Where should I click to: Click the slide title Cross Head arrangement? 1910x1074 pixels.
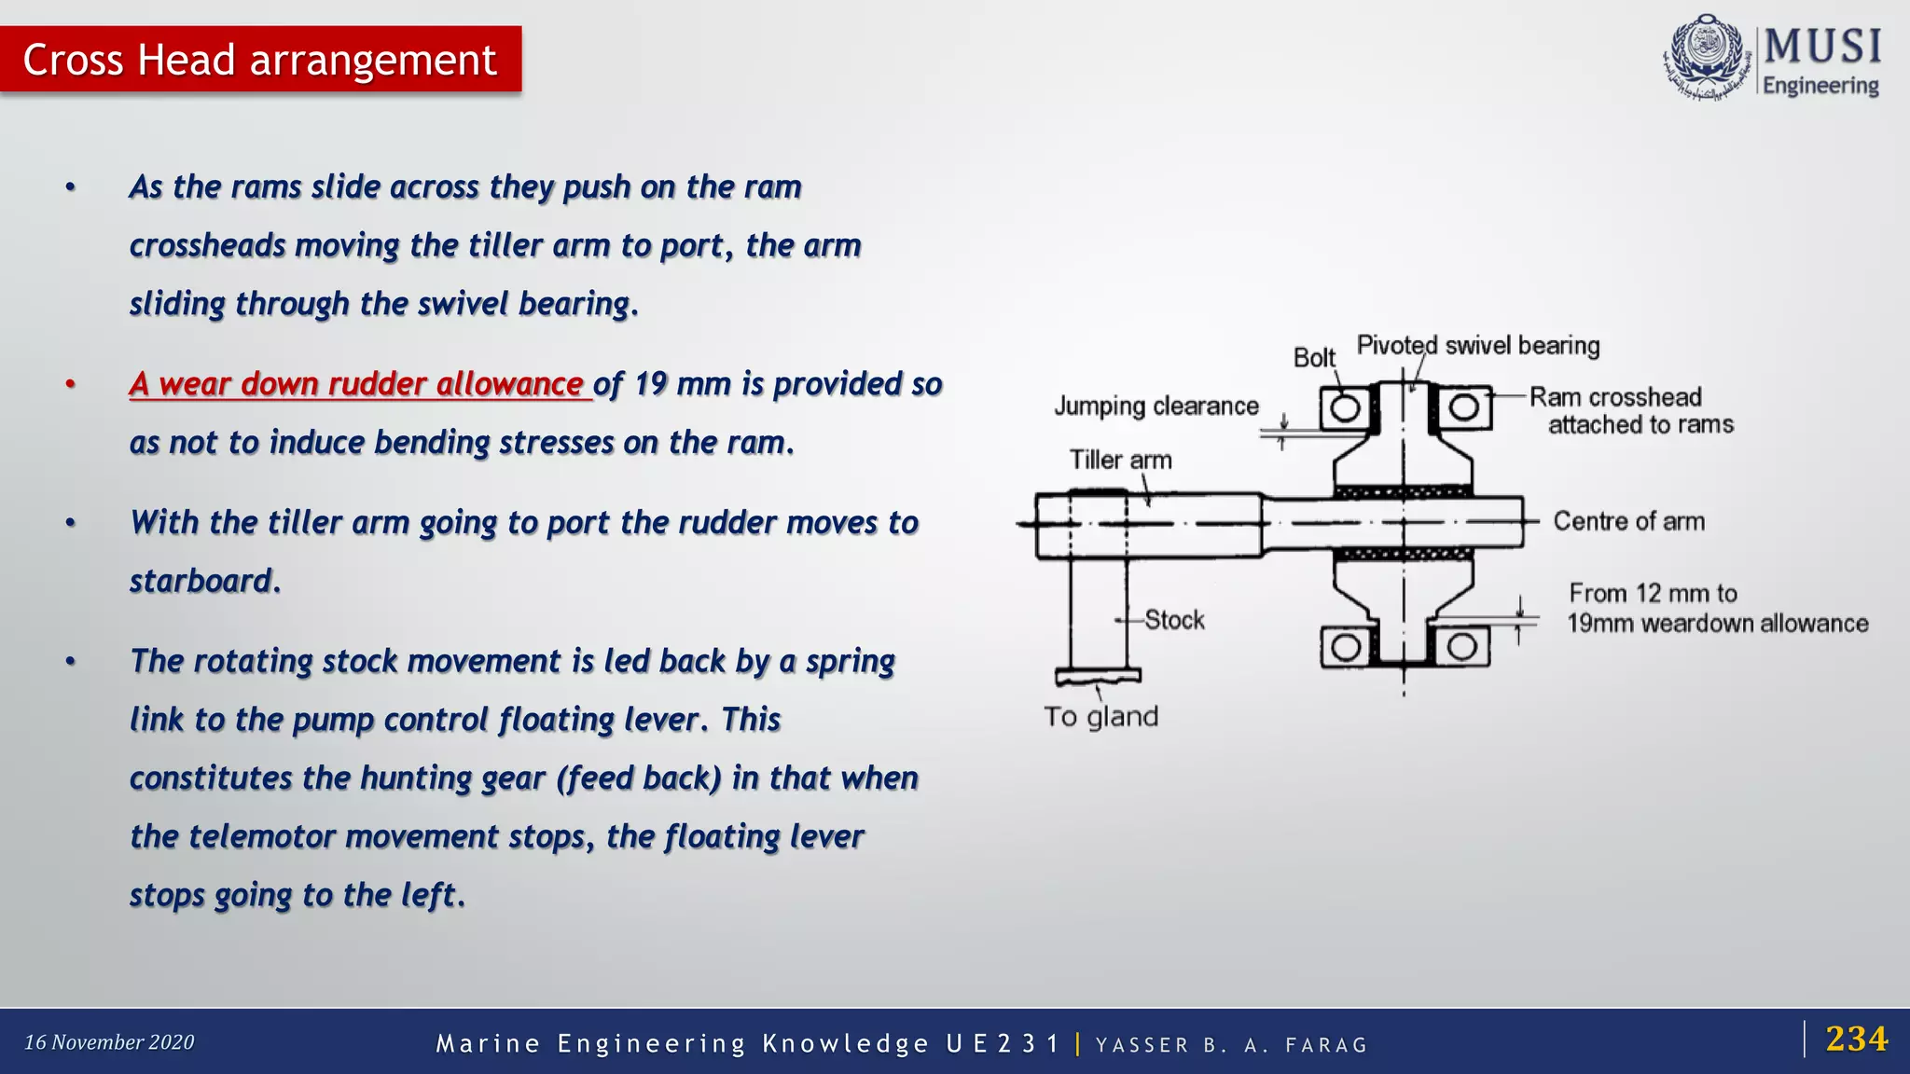click(x=259, y=60)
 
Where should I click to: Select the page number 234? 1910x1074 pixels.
click(x=1856, y=1039)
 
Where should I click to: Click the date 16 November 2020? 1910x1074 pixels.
click(x=109, y=1042)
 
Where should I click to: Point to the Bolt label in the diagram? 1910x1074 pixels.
click(x=1314, y=358)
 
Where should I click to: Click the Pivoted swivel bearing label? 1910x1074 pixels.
click(x=1478, y=346)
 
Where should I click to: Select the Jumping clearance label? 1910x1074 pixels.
click(x=1156, y=406)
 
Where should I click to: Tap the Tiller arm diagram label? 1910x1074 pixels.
click(x=1120, y=461)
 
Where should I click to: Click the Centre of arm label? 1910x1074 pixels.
click(x=1628, y=521)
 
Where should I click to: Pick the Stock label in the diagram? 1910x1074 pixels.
click(x=1174, y=620)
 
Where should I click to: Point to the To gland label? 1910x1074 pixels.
click(x=1100, y=717)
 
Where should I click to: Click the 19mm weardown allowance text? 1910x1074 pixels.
click(x=1717, y=624)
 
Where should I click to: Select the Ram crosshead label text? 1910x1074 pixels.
click(x=1615, y=397)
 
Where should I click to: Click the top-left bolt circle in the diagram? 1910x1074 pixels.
click(x=1345, y=408)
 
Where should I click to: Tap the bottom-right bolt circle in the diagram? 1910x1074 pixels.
click(x=1461, y=646)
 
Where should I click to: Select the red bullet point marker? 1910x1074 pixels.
click(x=70, y=384)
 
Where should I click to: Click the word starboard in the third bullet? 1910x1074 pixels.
click(x=202, y=582)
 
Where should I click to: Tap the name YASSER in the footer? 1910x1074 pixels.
click(x=1142, y=1045)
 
